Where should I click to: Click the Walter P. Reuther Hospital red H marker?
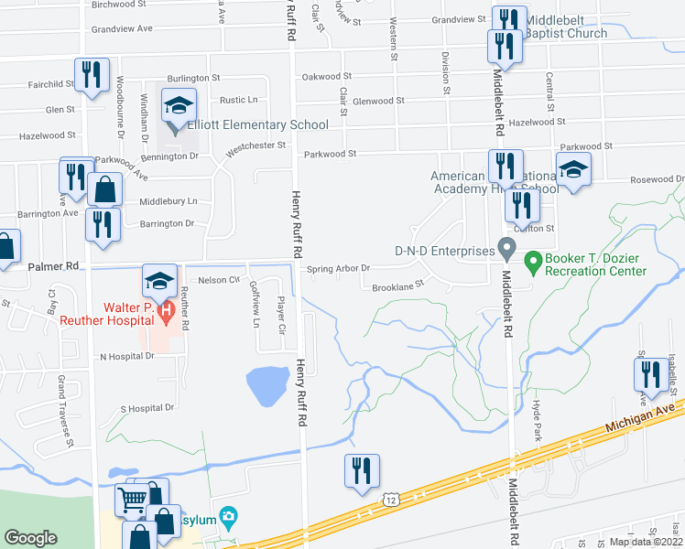click(166, 313)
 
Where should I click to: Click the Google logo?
click(30, 538)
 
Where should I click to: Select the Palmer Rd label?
click(55, 266)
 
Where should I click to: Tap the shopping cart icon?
click(132, 500)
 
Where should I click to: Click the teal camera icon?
click(228, 517)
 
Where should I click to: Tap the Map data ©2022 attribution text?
click(645, 542)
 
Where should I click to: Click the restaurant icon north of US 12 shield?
click(361, 469)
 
